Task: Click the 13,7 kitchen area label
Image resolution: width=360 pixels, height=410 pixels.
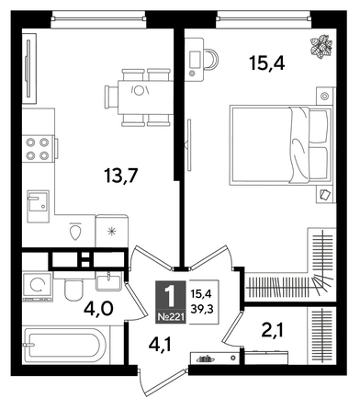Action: pos(126,172)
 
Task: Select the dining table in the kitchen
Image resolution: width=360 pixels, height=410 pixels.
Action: pos(139,92)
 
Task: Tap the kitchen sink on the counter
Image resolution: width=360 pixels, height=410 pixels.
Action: pos(39,202)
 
